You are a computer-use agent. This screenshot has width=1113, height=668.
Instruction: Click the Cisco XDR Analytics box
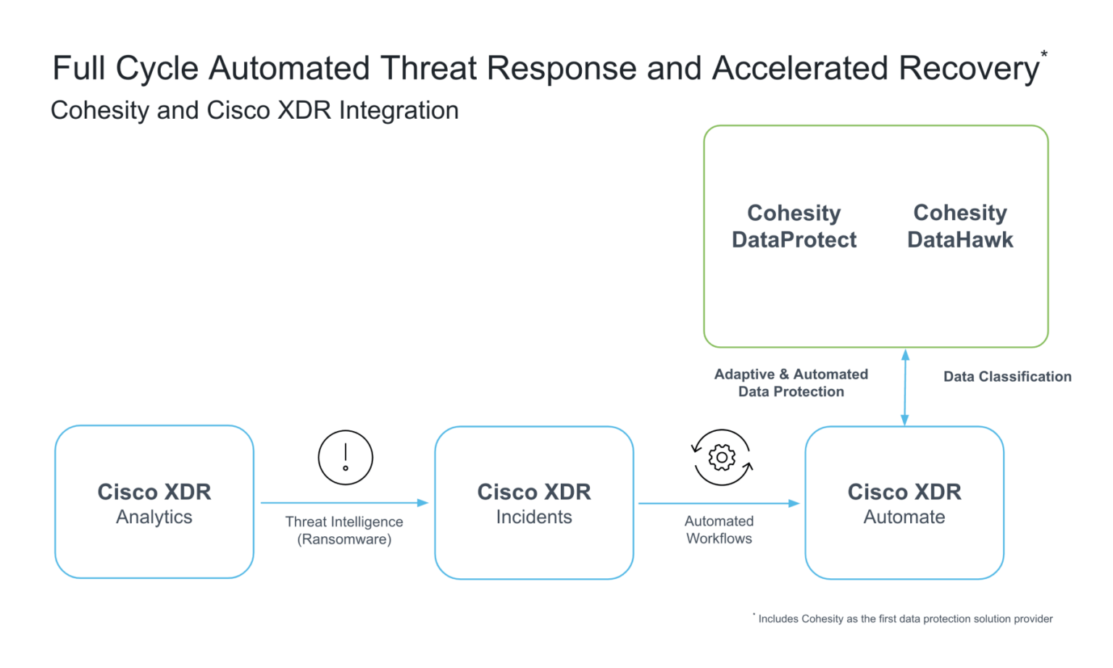154,502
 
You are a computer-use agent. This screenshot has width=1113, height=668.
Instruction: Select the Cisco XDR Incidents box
534,503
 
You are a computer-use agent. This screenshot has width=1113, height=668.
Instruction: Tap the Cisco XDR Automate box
904,503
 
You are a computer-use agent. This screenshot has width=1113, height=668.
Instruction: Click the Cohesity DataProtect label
794,226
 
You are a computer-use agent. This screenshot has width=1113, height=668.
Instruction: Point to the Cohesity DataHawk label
960,226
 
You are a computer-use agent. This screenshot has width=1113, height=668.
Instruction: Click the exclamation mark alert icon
346,458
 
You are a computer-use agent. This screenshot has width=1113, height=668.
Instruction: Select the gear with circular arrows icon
722,458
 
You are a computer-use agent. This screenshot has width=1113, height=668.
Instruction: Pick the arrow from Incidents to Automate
718,503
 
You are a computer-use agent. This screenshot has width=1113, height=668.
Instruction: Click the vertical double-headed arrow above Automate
905,387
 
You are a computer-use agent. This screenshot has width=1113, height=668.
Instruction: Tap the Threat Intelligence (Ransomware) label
344,530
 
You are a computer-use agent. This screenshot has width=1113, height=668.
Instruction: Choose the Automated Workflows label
719,530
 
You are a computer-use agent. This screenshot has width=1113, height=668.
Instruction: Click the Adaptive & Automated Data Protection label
791,383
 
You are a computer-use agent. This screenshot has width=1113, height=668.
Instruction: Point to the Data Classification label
1007,377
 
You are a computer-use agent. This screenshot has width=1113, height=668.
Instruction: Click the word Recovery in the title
968,69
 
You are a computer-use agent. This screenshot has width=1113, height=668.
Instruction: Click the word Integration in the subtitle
399,110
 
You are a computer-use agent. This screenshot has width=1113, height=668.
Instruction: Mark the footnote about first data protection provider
905,619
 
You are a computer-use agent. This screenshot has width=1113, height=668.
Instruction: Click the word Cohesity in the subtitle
100,110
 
